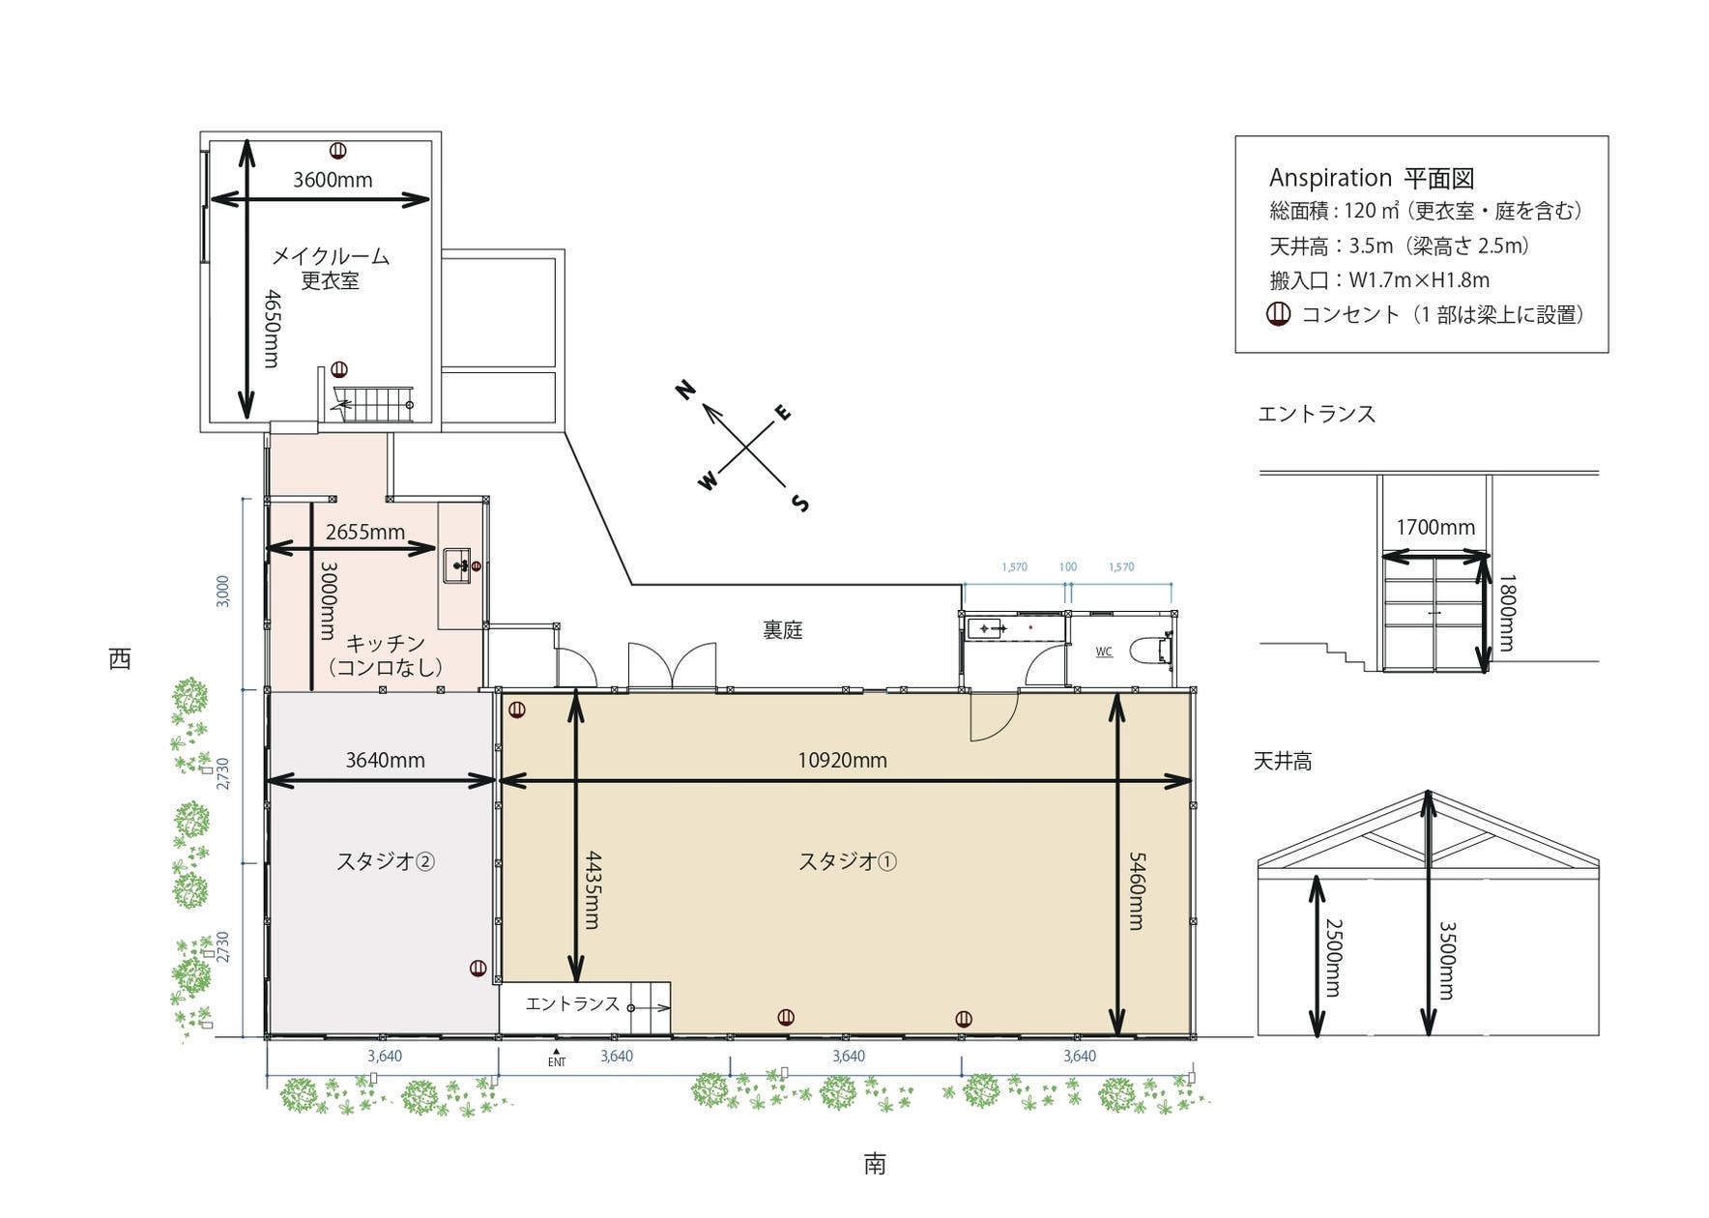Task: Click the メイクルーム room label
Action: click(331, 256)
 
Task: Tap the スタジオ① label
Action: click(847, 860)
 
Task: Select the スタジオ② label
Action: click(385, 860)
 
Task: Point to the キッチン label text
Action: click(386, 643)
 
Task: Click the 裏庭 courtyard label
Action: click(783, 630)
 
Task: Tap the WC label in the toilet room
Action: click(1104, 652)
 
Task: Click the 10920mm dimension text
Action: click(842, 760)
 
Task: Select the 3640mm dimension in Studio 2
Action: click(385, 760)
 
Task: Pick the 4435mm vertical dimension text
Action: click(593, 889)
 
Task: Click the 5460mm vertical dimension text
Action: click(1137, 890)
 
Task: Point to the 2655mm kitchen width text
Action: click(365, 532)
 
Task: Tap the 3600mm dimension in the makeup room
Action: click(333, 180)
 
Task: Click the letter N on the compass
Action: click(685, 390)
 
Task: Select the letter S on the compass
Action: click(800, 503)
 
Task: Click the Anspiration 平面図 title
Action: click(1372, 178)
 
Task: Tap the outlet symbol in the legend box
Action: click(1279, 314)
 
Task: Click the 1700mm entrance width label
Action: click(1435, 528)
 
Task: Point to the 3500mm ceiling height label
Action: click(1447, 960)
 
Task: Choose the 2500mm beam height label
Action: click(1333, 957)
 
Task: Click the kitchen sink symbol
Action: click(457, 565)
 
